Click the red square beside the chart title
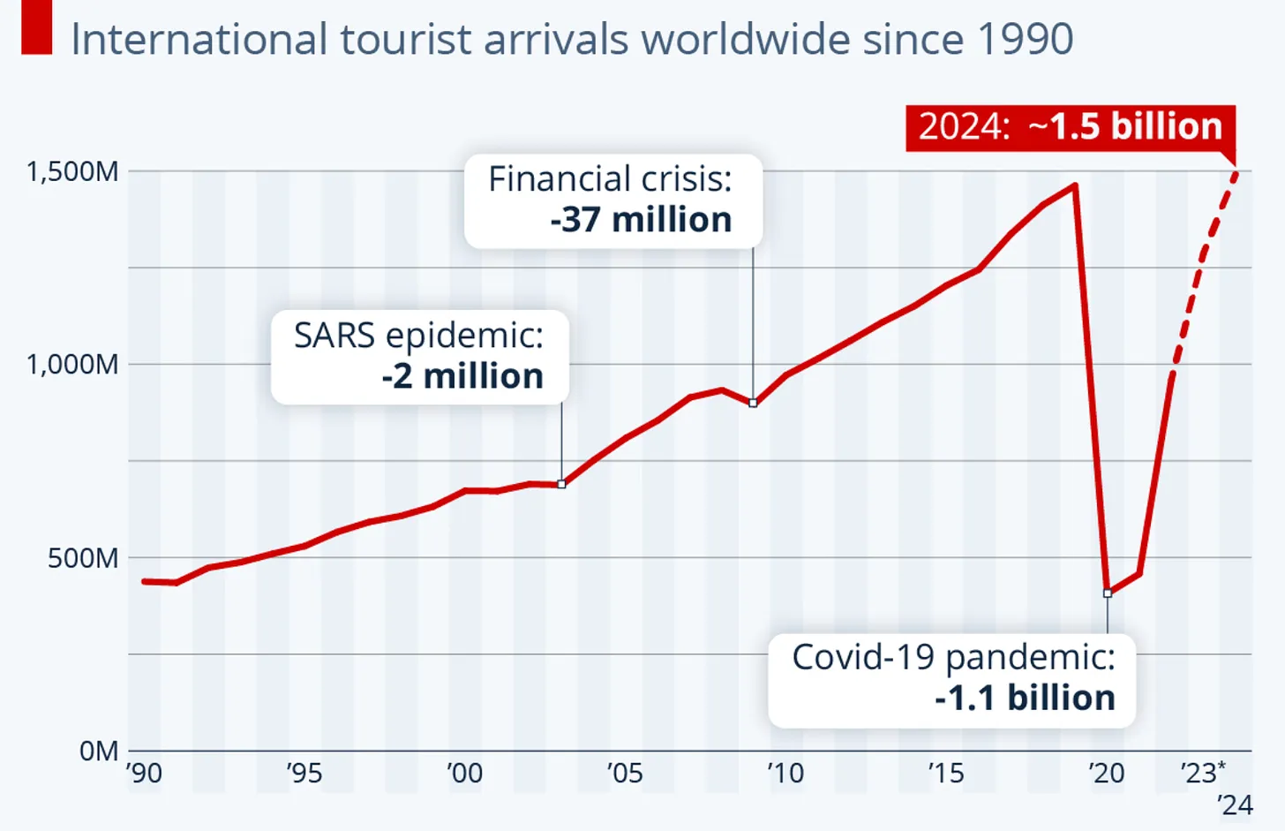pyautogui.click(x=37, y=27)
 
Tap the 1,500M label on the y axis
pyautogui.click(x=72, y=171)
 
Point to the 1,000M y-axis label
pyautogui.click(x=72, y=364)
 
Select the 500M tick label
pyautogui.click(x=83, y=558)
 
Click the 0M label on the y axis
pyautogui.click(x=98, y=751)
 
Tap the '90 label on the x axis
pyautogui.click(x=144, y=774)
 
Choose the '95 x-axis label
pyautogui.click(x=304, y=774)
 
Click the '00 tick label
pyautogui.click(x=465, y=774)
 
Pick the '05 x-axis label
pyautogui.click(x=625, y=774)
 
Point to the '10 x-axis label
pyautogui.click(x=785, y=774)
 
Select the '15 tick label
pyautogui.click(x=946, y=774)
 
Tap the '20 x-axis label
pyautogui.click(x=1107, y=774)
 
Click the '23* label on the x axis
pyautogui.click(x=1203, y=774)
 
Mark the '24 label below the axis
pyautogui.click(x=1235, y=805)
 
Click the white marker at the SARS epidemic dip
pyautogui.click(x=561, y=484)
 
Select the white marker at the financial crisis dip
pyautogui.click(x=753, y=403)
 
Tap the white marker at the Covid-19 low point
pyautogui.click(x=1108, y=593)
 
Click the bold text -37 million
pyautogui.click(x=641, y=220)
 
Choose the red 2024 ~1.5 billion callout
pyautogui.click(x=1071, y=127)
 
